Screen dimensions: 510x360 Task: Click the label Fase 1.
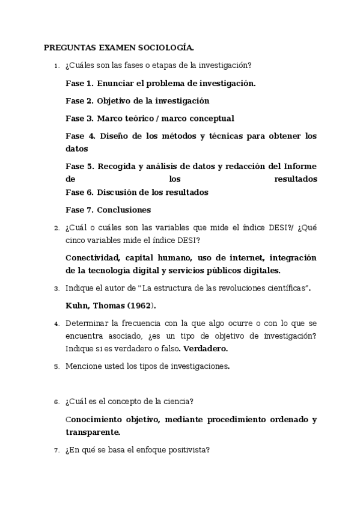click(79, 84)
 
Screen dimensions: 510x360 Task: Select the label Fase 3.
click(79, 118)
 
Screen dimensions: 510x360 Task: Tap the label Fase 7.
click(79, 210)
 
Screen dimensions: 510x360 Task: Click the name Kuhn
click(76, 306)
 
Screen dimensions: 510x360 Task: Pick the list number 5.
click(56, 366)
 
